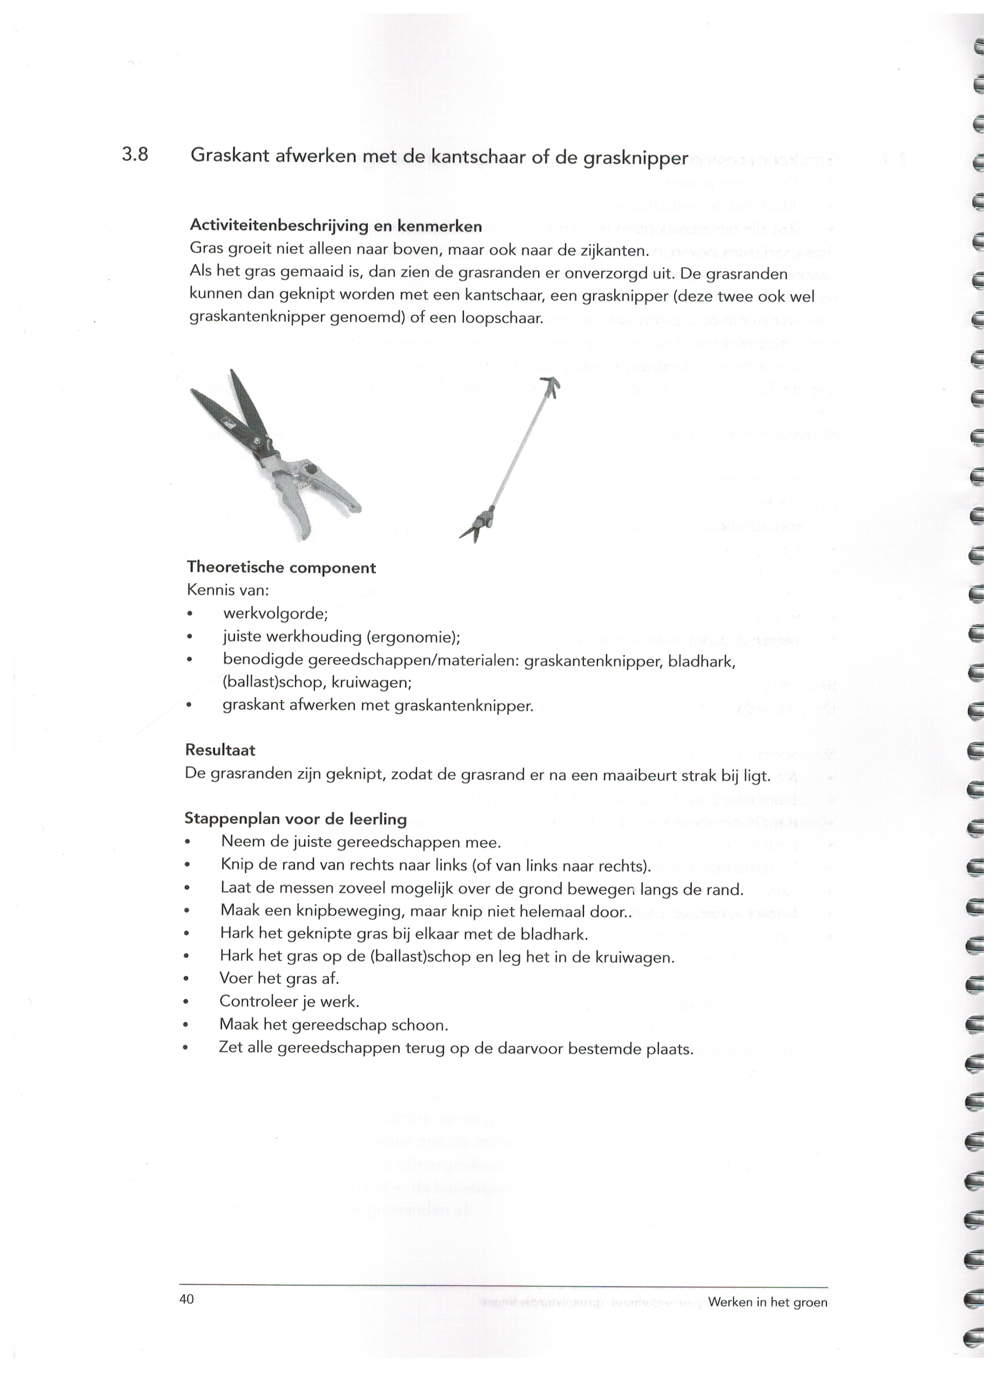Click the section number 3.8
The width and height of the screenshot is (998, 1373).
click(135, 155)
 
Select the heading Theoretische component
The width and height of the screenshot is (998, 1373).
click(281, 567)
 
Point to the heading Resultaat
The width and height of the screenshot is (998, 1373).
click(220, 750)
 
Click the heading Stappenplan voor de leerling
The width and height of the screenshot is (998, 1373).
click(295, 819)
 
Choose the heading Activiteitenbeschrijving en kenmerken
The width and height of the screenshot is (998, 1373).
click(336, 226)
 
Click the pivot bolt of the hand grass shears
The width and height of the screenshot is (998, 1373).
click(310, 469)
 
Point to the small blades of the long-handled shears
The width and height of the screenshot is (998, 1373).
click(473, 529)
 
